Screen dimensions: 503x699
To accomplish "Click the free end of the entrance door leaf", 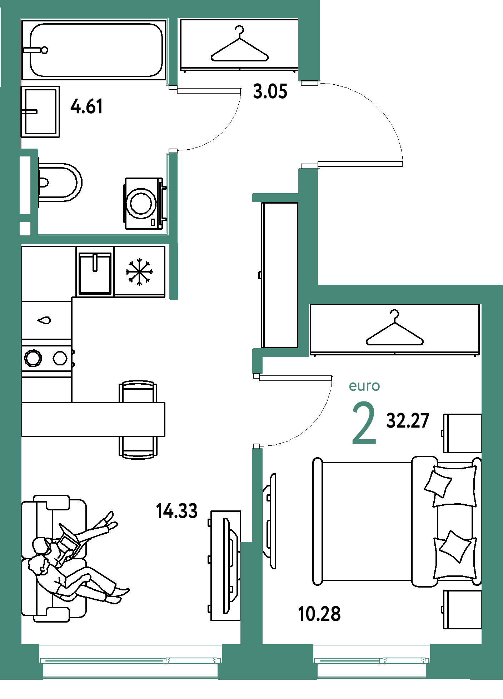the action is click(x=402, y=164).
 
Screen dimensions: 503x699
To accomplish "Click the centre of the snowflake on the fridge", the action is click(x=139, y=272).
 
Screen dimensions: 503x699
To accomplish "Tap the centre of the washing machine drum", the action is click(x=141, y=203).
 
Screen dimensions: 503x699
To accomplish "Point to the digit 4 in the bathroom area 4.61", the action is click(x=75, y=106).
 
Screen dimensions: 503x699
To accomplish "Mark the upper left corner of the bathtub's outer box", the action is click(x=22, y=20).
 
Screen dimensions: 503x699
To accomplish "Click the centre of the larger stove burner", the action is click(x=33, y=358).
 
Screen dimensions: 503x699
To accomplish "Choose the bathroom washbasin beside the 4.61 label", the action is click(x=40, y=111).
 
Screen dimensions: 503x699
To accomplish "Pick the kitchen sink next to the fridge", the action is click(x=95, y=273).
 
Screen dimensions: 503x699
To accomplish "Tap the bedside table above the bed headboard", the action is click(x=462, y=433).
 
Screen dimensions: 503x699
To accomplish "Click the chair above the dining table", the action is click(x=138, y=392).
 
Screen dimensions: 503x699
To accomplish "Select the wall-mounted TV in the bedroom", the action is click(x=270, y=521).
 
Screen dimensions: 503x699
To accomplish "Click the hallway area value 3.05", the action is click(x=270, y=91).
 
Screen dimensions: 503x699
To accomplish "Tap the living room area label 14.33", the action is click(x=177, y=511).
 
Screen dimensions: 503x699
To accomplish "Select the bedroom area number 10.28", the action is click(x=319, y=614).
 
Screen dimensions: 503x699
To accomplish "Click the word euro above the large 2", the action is click(x=364, y=386).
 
